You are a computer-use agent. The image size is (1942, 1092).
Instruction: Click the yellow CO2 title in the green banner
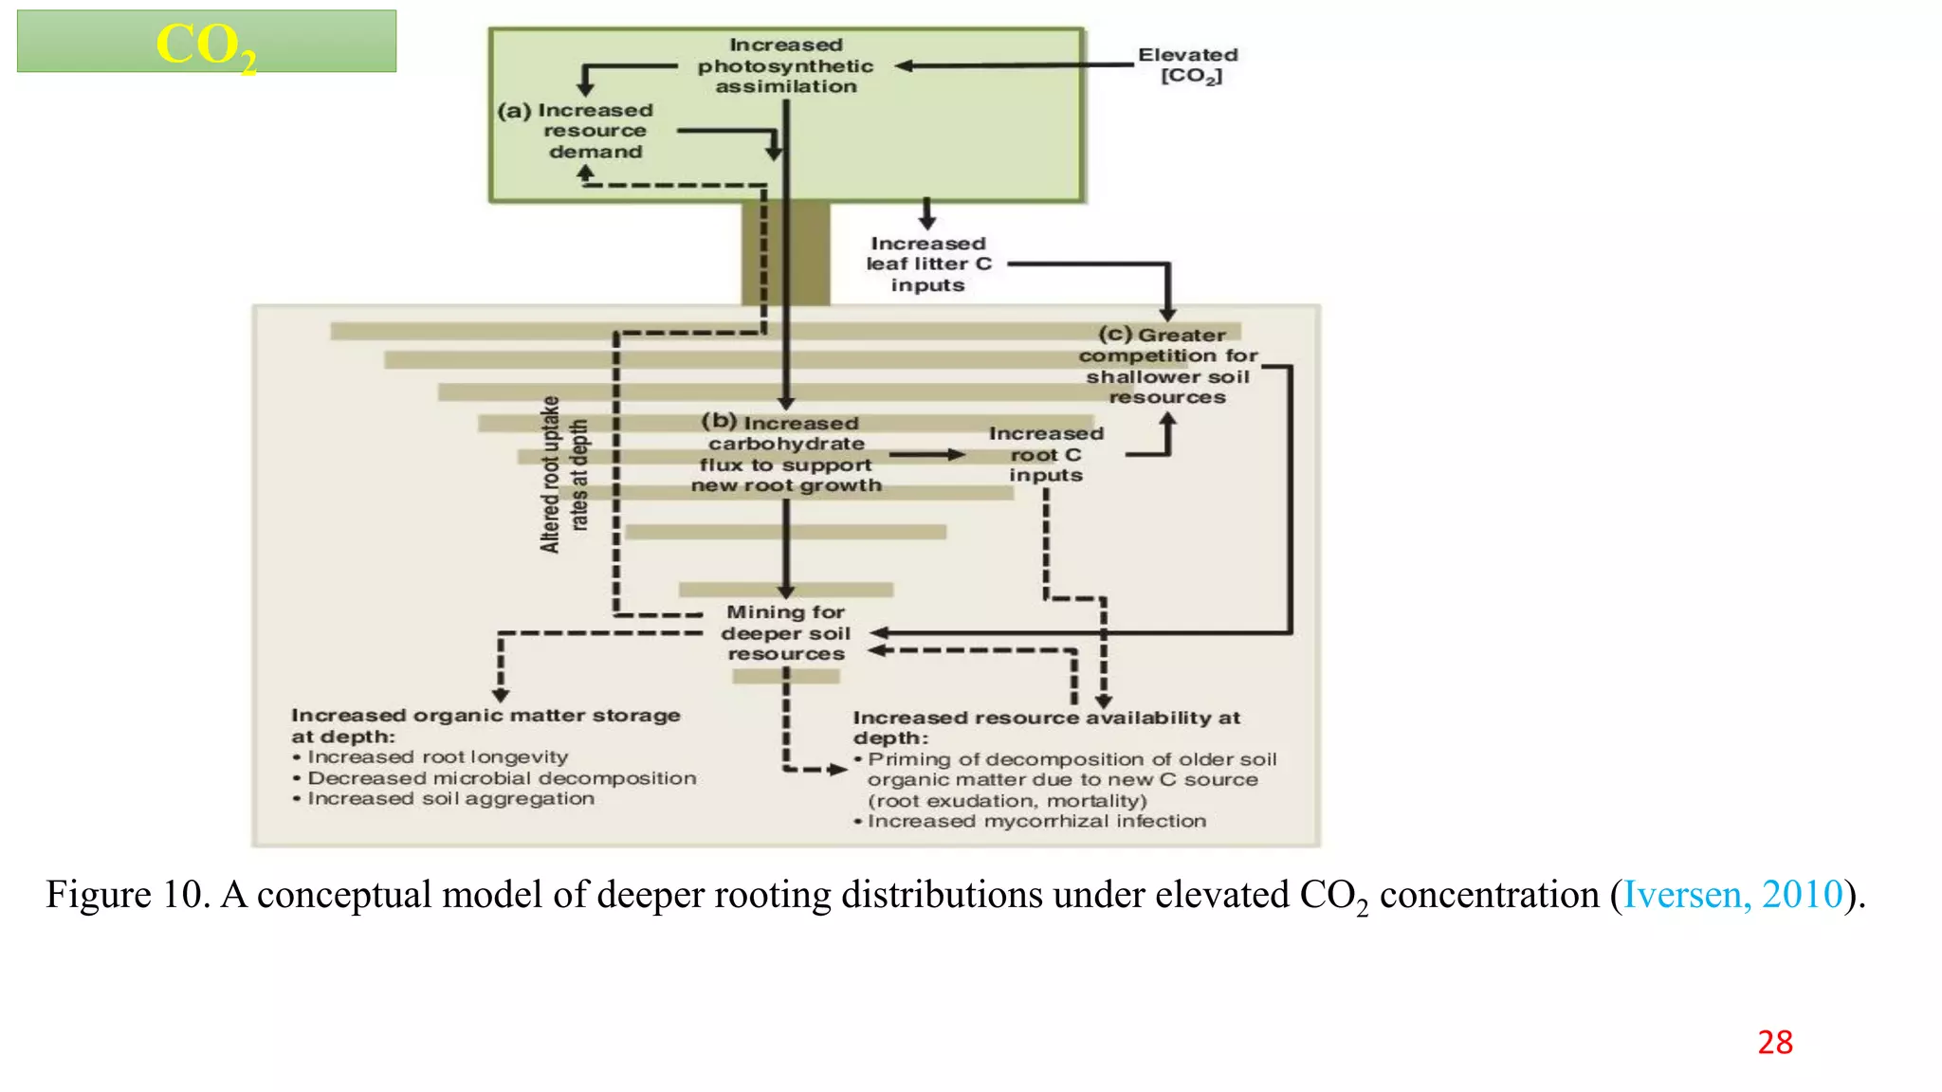click(206, 45)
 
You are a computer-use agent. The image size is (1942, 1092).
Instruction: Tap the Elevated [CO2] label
click(1189, 64)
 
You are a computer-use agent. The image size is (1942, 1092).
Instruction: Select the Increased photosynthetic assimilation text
click(785, 65)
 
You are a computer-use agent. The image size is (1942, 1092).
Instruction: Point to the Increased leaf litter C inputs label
click(927, 264)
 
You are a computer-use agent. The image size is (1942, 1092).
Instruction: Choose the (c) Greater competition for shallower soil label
click(1167, 366)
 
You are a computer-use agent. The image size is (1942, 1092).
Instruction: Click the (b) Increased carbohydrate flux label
click(785, 454)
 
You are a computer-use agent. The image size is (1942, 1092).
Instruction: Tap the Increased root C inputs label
click(1045, 454)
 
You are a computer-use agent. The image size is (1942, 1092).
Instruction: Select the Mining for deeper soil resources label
click(785, 633)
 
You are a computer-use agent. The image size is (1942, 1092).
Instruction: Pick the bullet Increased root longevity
click(436, 757)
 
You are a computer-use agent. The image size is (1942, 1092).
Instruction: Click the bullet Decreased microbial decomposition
click(501, 778)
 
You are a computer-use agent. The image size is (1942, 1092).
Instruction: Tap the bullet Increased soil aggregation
click(450, 799)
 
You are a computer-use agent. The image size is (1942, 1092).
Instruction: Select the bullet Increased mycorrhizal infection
click(1035, 822)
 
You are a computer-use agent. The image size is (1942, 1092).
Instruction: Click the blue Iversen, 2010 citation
click(1732, 895)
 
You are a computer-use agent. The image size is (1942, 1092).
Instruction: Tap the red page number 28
click(1775, 1043)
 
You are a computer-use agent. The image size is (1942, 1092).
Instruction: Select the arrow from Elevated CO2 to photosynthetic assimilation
click(1015, 65)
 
